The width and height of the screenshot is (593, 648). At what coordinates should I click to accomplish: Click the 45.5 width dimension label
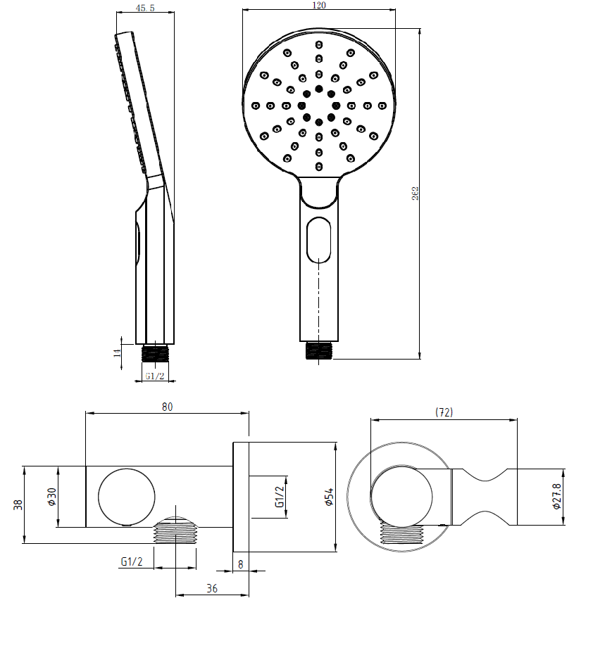pos(145,8)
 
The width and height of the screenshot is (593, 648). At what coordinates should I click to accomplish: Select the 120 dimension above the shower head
pos(319,5)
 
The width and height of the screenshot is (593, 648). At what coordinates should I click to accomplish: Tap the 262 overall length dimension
pos(416,193)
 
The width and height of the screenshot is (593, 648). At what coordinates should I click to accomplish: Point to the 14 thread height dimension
pos(118,352)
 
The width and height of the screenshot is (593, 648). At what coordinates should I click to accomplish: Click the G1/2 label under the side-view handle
pos(155,376)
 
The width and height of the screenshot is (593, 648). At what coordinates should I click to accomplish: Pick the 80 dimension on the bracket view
pos(167,407)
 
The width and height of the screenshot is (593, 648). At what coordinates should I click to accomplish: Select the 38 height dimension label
pos(18,504)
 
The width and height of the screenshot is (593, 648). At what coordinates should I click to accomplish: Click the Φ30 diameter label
pos(51,497)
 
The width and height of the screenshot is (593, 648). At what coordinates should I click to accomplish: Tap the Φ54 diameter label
pos(329,497)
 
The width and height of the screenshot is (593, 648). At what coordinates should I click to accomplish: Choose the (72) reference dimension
pos(444,412)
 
